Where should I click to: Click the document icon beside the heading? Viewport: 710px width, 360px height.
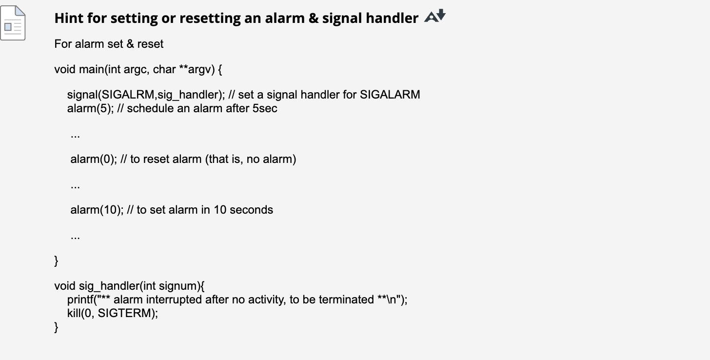[x=13, y=23]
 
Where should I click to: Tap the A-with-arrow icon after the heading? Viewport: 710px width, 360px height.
[x=435, y=17]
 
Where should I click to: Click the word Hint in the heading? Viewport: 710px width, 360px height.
[x=68, y=18]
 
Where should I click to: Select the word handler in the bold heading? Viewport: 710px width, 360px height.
[x=394, y=18]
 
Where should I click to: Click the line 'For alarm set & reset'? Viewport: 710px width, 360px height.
[x=109, y=44]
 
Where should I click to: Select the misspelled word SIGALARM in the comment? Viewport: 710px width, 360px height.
[x=390, y=95]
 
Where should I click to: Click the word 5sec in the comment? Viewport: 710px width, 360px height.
[x=265, y=108]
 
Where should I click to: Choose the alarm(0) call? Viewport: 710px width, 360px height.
[x=92, y=159]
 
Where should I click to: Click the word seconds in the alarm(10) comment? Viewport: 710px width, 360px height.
[x=251, y=210]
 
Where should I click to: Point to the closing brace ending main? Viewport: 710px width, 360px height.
[x=57, y=261]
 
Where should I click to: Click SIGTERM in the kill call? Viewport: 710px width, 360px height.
[x=126, y=313]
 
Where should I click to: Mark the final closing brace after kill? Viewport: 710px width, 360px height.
[x=57, y=327]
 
